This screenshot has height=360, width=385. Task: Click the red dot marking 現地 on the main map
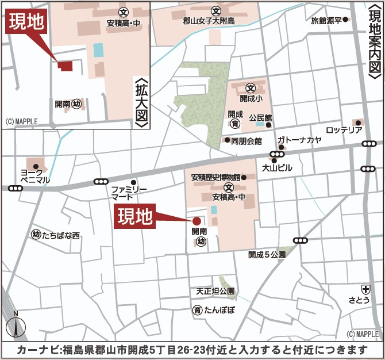click(197, 220)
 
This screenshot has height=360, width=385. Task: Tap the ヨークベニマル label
click(32, 176)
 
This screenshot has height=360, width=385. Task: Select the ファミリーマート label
click(129, 193)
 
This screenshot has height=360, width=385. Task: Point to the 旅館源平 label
click(326, 20)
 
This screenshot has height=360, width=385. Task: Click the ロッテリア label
click(344, 130)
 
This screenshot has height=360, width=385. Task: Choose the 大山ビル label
click(277, 168)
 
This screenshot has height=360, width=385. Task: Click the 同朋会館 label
click(247, 140)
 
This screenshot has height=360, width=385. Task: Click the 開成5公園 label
click(267, 254)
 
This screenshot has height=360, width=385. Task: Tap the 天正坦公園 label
click(215, 292)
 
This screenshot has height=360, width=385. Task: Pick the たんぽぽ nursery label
click(218, 310)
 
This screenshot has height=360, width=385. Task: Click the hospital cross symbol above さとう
click(365, 289)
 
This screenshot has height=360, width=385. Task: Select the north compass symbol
click(16, 325)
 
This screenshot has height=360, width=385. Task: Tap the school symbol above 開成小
click(251, 88)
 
